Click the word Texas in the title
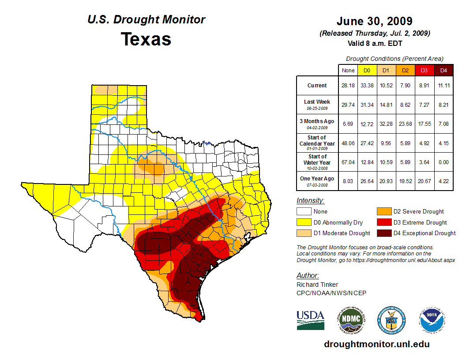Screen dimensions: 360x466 (146, 39)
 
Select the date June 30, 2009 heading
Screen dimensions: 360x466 (374, 21)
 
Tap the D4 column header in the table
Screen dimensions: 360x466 (444, 70)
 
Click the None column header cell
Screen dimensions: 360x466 (348, 70)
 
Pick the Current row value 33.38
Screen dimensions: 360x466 (367, 86)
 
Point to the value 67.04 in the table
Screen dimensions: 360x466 (348, 162)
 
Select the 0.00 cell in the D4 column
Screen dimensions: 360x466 (444, 162)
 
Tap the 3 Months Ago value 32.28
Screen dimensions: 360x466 (386, 124)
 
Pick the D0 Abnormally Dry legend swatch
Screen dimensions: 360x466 (303, 222)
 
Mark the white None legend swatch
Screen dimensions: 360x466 (303, 212)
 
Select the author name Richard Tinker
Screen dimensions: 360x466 (318, 285)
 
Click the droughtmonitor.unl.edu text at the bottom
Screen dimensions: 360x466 (376, 344)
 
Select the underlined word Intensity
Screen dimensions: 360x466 (310, 200)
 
